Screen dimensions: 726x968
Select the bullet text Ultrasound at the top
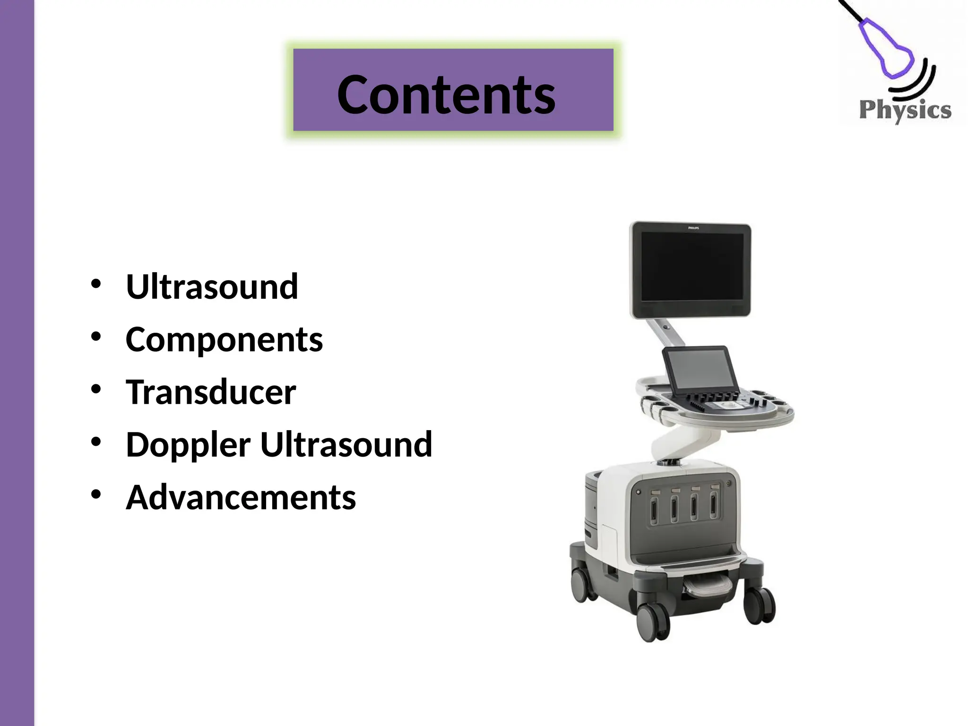[x=212, y=286]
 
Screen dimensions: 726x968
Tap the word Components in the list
[x=224, y=339]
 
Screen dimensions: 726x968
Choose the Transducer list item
[x=211, y=392]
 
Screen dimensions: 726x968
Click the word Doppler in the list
[x=188, y=445]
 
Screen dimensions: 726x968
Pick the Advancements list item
[x=241, y=498]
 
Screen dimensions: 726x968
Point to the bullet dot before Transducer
[x=96, y=389]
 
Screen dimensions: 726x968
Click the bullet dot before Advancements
[x=96, y=494]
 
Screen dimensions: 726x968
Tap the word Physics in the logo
[x=905, y=110]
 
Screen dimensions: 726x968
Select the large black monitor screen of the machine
[x=692, y=267]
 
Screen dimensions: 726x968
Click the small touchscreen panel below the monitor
[x=700, y=372]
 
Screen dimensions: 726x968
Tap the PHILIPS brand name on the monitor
[x=693, y=228]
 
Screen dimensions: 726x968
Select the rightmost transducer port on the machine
[x=714, y=506]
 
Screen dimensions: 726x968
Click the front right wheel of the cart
[x=760, y=606]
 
